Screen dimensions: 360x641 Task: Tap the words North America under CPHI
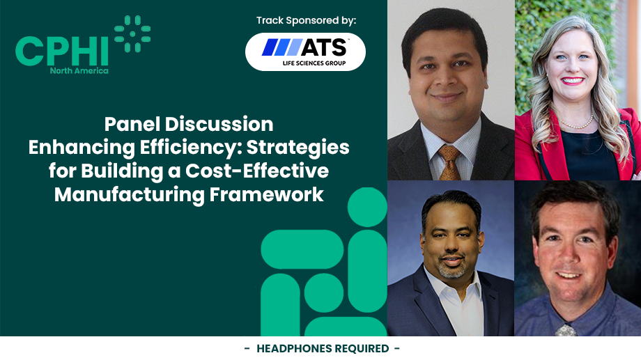pos(79,70)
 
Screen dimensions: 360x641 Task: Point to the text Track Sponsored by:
pos(306,20)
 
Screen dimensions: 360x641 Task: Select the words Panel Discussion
pos(189,125)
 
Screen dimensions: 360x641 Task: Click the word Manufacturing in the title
pos(130,195)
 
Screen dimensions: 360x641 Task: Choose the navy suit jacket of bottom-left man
pos(411,306)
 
